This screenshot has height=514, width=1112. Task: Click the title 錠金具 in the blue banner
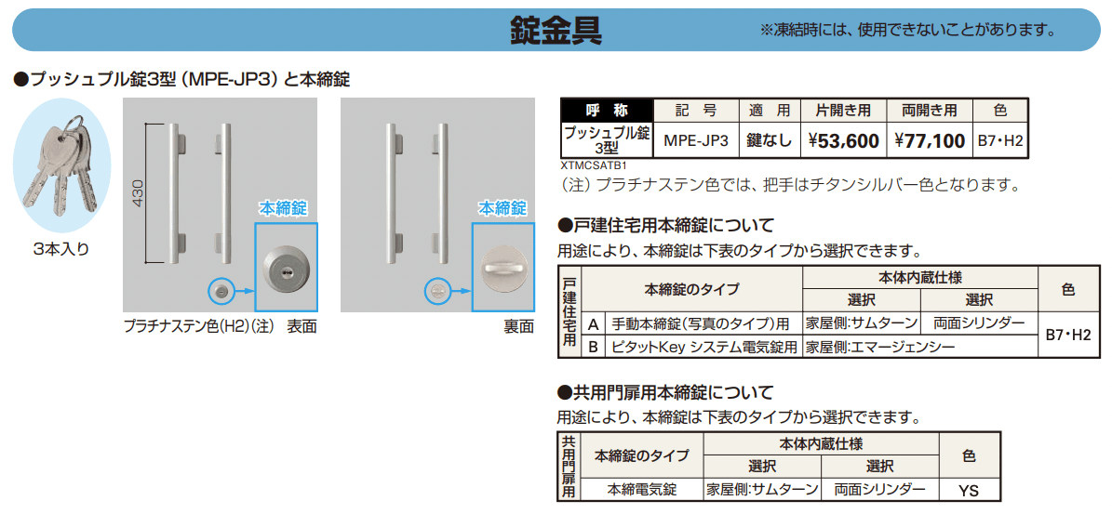tap(556, 29)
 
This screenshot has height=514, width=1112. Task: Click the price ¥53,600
tap(843, 141)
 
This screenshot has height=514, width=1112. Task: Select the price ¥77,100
tap(929, 141)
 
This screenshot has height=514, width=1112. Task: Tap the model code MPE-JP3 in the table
tap(696, 141)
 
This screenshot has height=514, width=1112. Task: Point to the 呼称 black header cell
tap(607, 111)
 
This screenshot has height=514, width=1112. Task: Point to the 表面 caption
tap(301, 326)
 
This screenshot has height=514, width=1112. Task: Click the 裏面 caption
tap(517, 326)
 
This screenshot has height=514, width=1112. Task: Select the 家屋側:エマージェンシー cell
tap(880, 347)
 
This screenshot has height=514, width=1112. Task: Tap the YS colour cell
tap(968, 490)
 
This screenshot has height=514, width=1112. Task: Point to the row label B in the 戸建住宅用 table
tap(593, 347)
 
